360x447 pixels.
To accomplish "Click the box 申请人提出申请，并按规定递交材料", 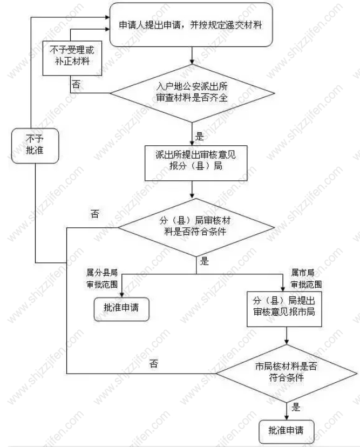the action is pyautogui.click(x=191, y=25).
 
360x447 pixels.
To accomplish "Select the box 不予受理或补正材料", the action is pyautogui.click(x=72, y=58).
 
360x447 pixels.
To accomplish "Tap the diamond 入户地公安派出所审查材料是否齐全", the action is pyautogui.click(x=192, y=93).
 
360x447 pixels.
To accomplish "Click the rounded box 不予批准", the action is pyautogui.click(x=35, y=146).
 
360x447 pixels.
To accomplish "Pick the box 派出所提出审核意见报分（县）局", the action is pyautogui.click(x=196, y=163).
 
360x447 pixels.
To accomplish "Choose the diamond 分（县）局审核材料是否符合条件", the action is pyautogui.click(x=196, y=227).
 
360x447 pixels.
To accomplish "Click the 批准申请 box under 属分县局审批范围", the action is pyautogui.click(x=121, y=309).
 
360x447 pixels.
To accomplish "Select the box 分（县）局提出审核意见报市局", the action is pyautogui.click(x=284, y=309).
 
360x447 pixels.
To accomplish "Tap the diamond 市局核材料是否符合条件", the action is pyautogui.click(x=286, y=374).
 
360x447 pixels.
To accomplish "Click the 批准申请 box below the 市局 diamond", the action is pyautogui.click(x=286, y=431).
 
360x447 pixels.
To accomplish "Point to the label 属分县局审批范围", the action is pyautogui.click(x=102, y=279).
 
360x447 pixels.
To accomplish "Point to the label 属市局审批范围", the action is pyautogui.click(x=307, y=279).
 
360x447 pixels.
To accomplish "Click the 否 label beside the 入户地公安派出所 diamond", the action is pyautogui.click(x=76, y=84).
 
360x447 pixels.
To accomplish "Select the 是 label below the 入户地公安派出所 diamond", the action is pyautogui.click(x=200, y=136).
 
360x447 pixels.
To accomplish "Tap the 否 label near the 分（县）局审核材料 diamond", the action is pyautogui.click(x=95, y=214).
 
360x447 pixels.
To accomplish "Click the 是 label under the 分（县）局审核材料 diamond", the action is pyautogui.click(x=205, y=261).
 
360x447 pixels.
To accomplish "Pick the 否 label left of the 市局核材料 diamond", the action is pyautogui.click(x=154, y=363).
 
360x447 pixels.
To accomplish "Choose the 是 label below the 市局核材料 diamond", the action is pyautogui.click(x=296, y=407).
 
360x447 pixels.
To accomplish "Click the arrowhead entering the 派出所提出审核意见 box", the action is pyautogui.click(x=192, y=143).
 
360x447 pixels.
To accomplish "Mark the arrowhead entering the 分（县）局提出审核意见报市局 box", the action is pyautogui.click(x=283, y=288).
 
